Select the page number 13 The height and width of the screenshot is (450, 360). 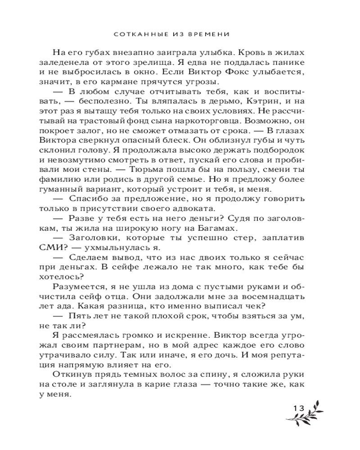299,408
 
